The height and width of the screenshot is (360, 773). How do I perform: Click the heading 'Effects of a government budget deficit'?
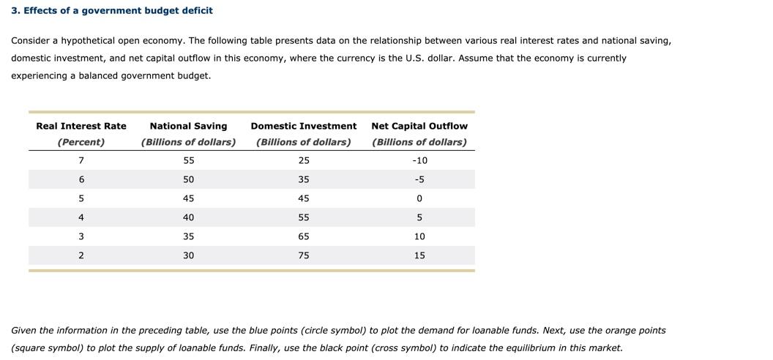[118, 10]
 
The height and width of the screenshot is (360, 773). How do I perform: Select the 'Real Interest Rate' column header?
[81, 126]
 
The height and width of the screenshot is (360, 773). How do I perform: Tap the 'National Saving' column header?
[188, 126]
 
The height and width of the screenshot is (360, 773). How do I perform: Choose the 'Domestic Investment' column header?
[304, 126]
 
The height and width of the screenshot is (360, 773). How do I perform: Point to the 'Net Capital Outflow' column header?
[419, 126]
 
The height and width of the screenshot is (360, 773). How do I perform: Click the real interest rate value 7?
[81, 160]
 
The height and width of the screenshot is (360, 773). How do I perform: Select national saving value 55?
[189, 160]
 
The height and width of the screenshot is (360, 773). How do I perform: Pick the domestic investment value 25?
[304, 160]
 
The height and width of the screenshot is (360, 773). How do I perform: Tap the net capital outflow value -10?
[419, 160]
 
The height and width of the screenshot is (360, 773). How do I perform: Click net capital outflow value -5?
[419, 179]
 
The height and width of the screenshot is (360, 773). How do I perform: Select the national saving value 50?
[189, 179]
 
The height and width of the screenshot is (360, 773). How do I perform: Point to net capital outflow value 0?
[419, 198]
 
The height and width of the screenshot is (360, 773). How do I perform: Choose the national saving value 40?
[189, 217]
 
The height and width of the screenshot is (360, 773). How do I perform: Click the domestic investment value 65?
[304, 236]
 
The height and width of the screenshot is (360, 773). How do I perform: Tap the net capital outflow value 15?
[419, 255]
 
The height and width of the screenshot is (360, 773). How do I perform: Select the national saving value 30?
[189, 255]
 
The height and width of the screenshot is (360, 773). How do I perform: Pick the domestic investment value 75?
[304, 255]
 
